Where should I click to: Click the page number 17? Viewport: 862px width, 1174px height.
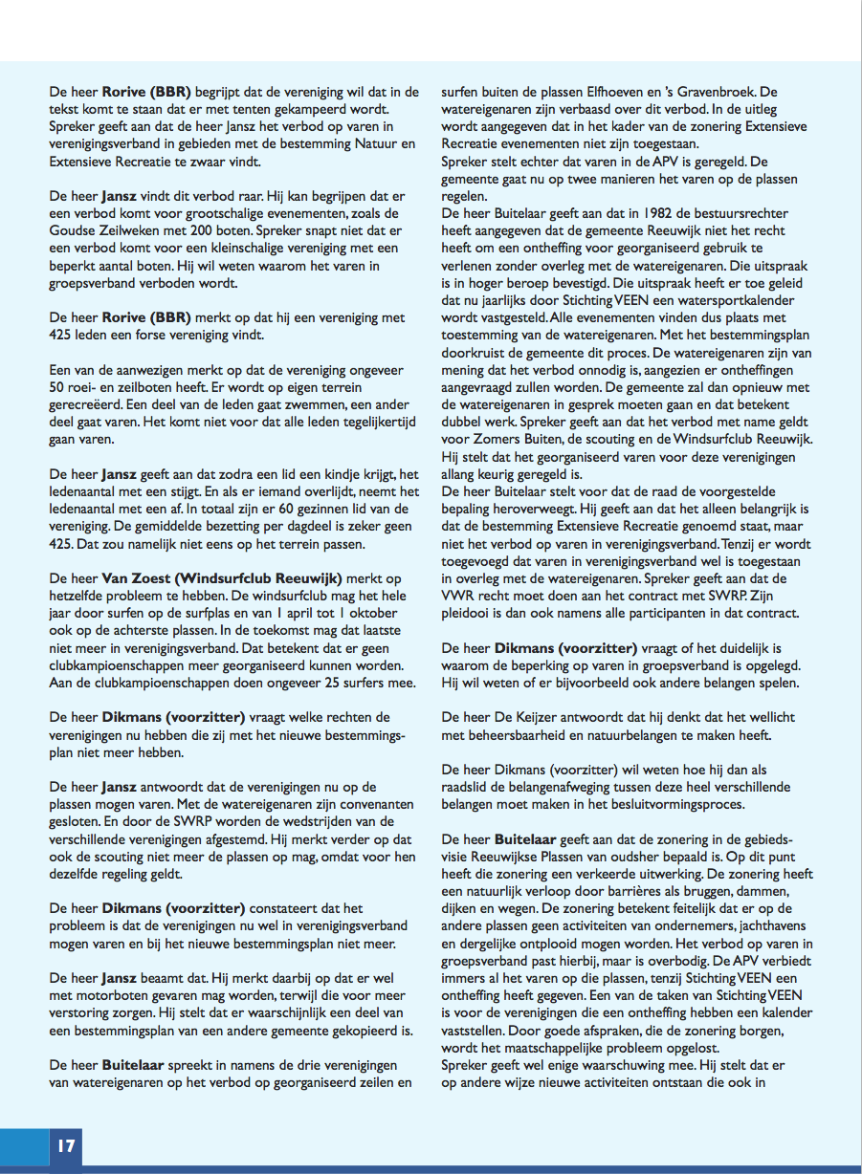66,1145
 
